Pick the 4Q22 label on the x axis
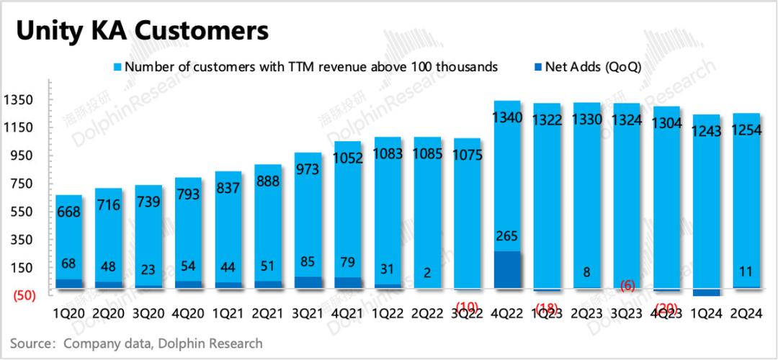506,313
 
